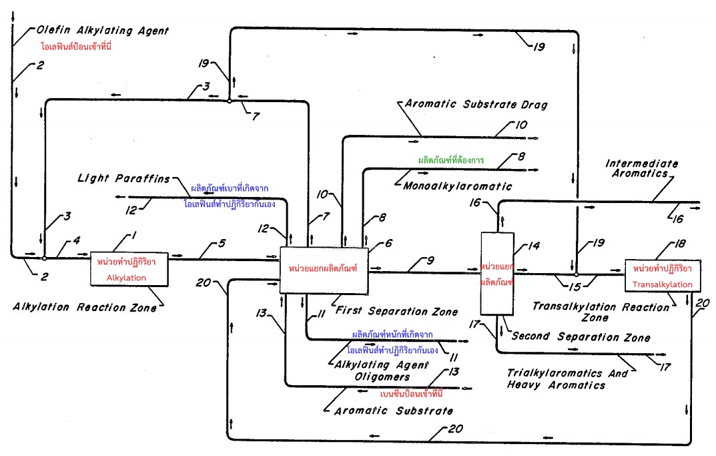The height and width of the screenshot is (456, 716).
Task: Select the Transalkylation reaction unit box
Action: (663, 276)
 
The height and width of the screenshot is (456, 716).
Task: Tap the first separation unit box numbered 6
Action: (324, 268)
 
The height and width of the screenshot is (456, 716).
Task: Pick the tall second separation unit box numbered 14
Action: (496, 274)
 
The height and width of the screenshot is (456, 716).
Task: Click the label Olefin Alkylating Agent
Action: (93, 31)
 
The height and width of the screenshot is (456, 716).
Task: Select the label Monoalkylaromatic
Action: (457, 187)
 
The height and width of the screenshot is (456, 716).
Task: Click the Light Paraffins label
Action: (123, 178)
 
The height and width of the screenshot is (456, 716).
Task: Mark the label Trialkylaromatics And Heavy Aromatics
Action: (567, 379)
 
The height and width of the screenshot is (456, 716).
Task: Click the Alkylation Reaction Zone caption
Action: (84, 308)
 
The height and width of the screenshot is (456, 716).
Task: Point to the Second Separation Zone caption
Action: (581, 338)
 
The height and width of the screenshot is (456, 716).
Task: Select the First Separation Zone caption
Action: (396, 311)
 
